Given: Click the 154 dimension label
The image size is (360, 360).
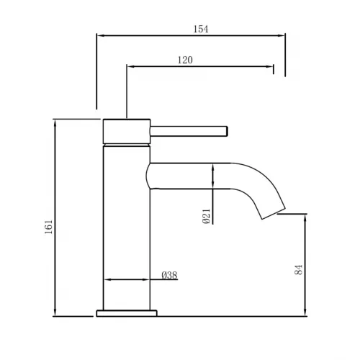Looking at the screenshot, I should [201, 29].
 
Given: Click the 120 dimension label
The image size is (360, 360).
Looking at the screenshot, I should [185, 60].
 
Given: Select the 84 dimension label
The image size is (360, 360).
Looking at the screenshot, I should [298, 270].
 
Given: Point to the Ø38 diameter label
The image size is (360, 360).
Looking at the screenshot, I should [169, 276].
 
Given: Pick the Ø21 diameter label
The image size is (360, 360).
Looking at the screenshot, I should [206, 216].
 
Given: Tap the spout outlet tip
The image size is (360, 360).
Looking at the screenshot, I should [272, 213].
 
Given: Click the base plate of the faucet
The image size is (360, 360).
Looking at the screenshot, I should [127, 313].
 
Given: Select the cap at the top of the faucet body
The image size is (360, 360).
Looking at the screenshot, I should [127, 131].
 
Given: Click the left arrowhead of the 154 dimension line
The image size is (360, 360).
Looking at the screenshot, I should [99, 35].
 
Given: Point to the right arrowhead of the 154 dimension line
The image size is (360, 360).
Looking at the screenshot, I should [282, 35].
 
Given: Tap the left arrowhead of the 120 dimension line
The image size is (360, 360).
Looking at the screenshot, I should [130, 67].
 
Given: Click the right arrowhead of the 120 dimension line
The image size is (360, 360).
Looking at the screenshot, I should [271, 67].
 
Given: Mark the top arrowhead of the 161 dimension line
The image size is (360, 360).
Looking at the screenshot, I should [55, 122].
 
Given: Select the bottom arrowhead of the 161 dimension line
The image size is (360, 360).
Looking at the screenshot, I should [55, 313].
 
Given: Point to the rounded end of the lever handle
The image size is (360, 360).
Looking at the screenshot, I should [227, 130].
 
